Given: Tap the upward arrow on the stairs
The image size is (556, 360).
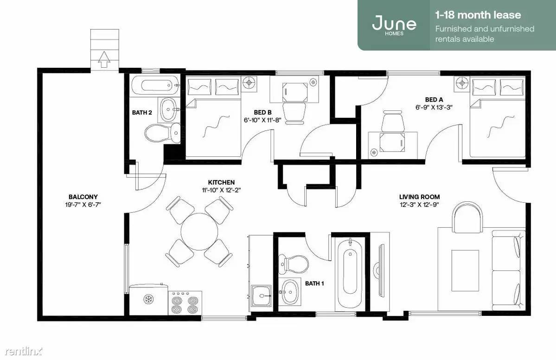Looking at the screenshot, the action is point(103,59).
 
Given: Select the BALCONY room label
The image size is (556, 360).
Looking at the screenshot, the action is point(83,197).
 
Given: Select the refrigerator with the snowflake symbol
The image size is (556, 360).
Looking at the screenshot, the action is point(148,299).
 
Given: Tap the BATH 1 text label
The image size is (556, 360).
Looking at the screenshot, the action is point(314,283).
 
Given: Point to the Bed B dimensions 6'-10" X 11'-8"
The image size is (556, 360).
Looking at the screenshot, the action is point(262,120).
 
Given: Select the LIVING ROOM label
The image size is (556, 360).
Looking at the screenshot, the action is point(420,197).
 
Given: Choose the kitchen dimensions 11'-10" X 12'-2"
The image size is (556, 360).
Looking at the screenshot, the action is point(221,190).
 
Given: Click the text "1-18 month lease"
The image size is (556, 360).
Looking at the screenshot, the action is point(478,15).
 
